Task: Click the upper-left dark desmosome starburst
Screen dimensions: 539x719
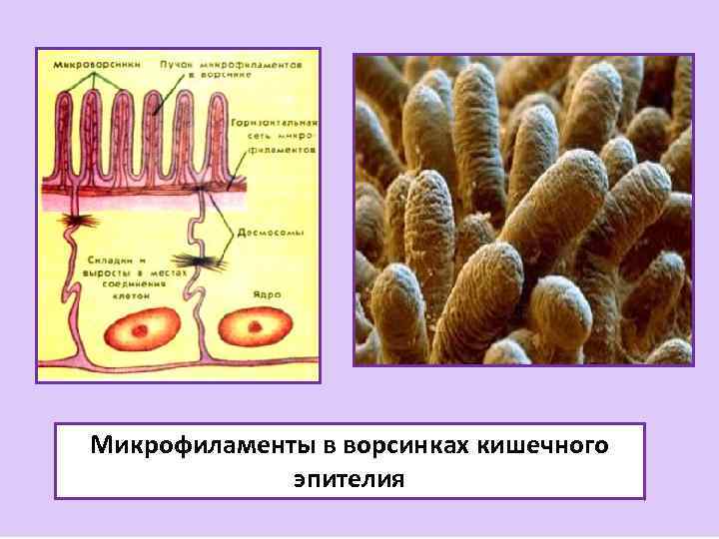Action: pyautogui.click(x=75, y=220)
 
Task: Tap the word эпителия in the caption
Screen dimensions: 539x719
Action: pyautogui.click(x=349, y=478)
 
